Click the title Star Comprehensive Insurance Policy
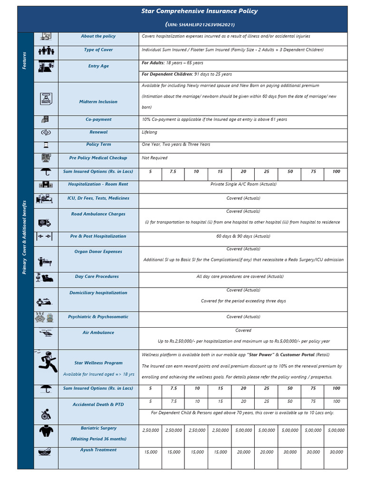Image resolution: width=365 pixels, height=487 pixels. [x=200, y=11]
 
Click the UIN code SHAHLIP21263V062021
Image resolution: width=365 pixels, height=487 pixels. [x=200, y=25]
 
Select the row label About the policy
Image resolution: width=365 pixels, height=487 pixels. [x=98, y=36]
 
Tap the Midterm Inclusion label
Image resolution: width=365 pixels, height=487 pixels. [x=98, y=102]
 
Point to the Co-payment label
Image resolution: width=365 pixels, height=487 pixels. [x=98, y=120]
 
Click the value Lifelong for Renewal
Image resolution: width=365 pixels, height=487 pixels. [x=149, y=132]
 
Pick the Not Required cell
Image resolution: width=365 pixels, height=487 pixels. [x=154, y=158]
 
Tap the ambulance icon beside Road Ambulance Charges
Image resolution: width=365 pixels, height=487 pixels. [x=45, y=223]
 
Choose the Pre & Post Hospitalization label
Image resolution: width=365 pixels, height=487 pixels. [x=98, y=236]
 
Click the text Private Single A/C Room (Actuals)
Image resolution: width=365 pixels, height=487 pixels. [x=243, y=184]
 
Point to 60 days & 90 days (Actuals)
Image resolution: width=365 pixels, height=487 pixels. [x=243, y=236]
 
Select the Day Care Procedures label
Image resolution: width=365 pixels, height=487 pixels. [x=97, y=277]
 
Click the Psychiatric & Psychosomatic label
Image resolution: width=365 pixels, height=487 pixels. [x=98, y=317]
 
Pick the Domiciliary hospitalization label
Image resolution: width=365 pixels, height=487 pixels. [x=98, y=293]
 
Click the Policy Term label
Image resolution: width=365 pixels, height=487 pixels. [x=98, y=145]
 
